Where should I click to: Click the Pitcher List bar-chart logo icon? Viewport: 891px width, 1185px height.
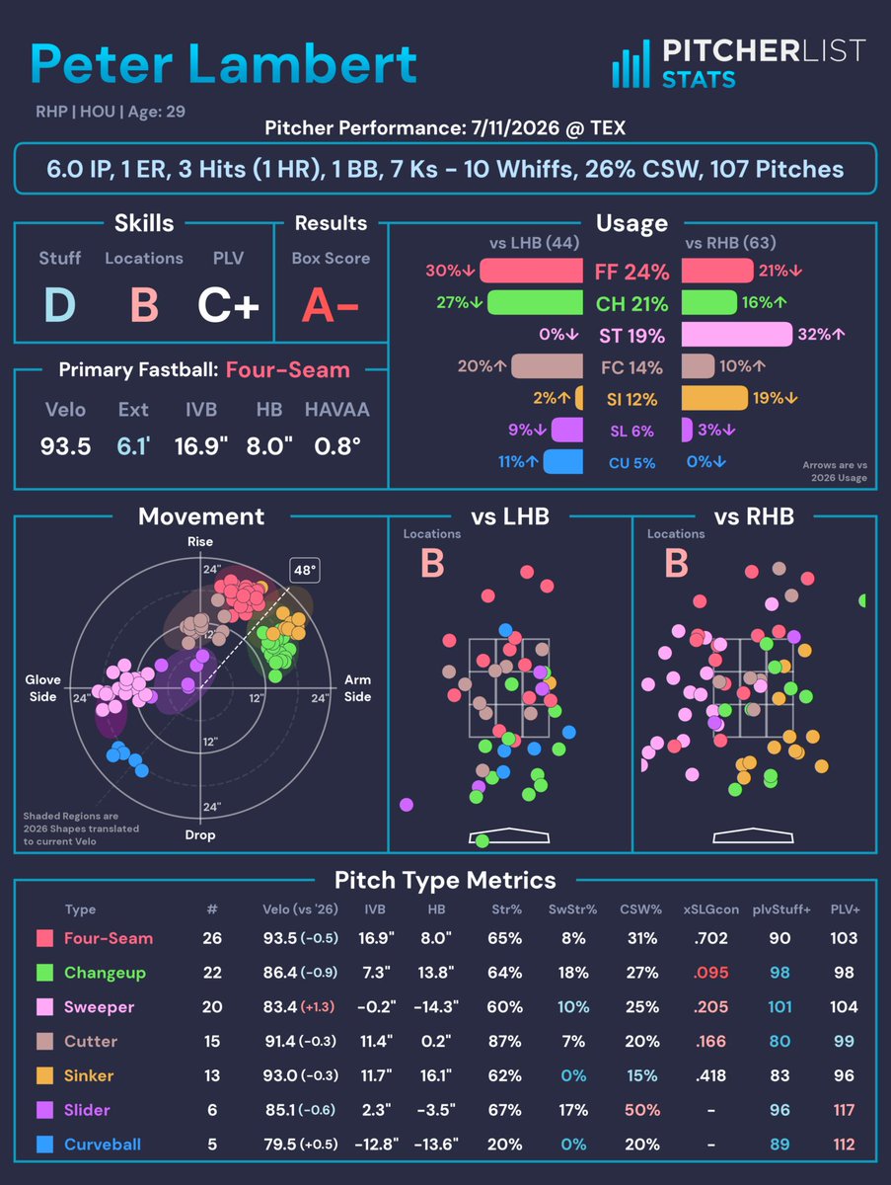click(x=631, y=64)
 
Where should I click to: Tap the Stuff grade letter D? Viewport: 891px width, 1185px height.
click(x=59, y=304)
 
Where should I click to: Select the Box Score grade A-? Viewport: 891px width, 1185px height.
click(x=331, y=305)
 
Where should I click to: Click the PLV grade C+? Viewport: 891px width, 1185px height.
click(x=228, y=305)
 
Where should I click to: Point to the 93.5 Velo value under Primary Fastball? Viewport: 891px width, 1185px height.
click(x=65, y=446)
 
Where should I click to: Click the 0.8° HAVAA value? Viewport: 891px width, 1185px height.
click(x=337, y=446)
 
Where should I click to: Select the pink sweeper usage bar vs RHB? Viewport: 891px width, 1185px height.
click(x=737, y=334)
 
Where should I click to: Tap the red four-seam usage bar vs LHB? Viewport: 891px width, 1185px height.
click(x=531, y=271)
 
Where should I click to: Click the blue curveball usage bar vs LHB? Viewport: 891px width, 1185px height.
click(x=563, y=461)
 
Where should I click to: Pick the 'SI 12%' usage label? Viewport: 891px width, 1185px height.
click(x=631, y=400)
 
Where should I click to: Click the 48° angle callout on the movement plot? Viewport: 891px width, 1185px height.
click(x=305, y=570)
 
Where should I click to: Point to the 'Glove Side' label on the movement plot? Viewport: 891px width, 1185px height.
click(x=42, y=687)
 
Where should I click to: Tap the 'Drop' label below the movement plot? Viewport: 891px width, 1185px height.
click(x=200, y=834)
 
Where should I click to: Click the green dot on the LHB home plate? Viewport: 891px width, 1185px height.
click(x=483, y=840)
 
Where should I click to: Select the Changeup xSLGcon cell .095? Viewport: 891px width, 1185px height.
click(x=710, y=973)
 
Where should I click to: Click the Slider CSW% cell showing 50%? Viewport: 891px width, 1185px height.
click(x=641, y=1110)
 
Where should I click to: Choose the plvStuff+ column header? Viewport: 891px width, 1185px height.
click(x=780, y=909)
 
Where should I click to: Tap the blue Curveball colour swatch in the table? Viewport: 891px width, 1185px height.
click(x=44, y=1144)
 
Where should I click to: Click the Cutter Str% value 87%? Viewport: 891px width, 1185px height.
click(x=504, y=1041)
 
